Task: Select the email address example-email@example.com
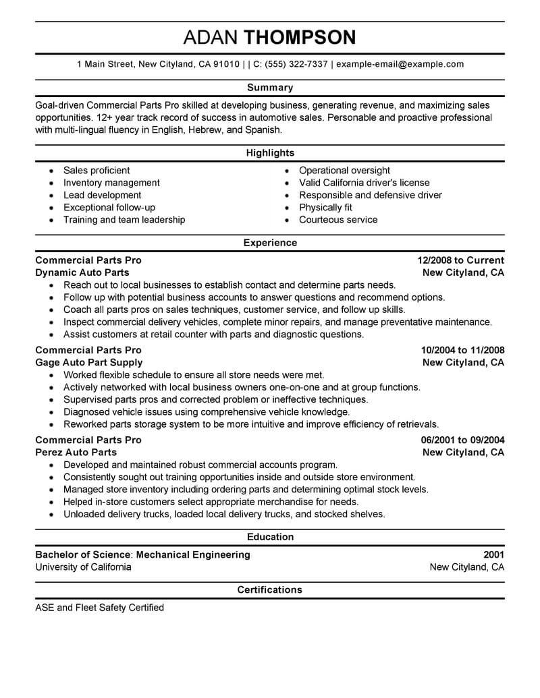[x=400, y=65]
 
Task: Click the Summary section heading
[x=270, y=88]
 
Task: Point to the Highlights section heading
[x=270, y=153]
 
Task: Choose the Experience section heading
[x=270, y=243]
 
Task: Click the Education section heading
[x=270, y=537]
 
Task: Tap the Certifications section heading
[x=270, y=590]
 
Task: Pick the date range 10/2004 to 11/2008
[x=462, y=350]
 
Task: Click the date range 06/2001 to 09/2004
[x=462, y=440]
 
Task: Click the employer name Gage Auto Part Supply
[x=88, y=362]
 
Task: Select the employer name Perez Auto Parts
[x=76, y=452]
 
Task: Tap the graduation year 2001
[x=493, y=554]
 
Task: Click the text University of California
[x=83, y=567]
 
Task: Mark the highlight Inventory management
[x=111, y=183]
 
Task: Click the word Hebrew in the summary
[x=205, y=129]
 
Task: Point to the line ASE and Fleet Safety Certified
[x=99, y=608]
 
